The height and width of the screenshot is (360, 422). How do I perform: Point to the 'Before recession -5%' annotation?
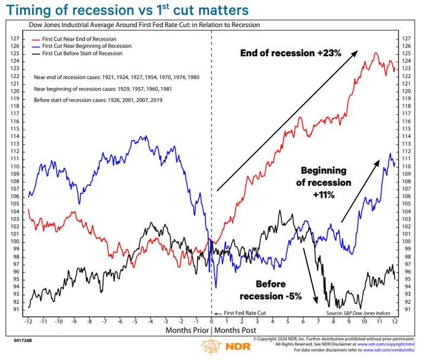(271, 290)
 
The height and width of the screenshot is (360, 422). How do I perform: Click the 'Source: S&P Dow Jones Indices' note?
(359, 313)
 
